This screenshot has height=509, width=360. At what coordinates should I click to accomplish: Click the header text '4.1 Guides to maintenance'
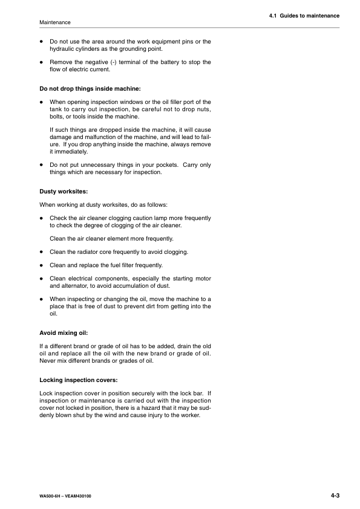coord(304,15)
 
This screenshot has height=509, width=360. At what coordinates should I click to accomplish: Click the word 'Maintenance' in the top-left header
coord(54,22)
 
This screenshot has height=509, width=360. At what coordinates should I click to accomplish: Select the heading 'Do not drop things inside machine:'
coord(90,89)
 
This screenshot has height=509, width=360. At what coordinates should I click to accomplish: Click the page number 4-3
coord(335,496)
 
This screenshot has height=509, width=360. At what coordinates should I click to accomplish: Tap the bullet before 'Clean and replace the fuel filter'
coord(41,265)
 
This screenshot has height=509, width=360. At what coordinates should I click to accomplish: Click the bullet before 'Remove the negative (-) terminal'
coord(41,62)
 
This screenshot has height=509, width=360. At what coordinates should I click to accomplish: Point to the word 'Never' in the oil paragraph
coord(47,361)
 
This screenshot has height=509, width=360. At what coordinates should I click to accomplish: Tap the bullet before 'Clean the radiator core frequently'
coord(41,251)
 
